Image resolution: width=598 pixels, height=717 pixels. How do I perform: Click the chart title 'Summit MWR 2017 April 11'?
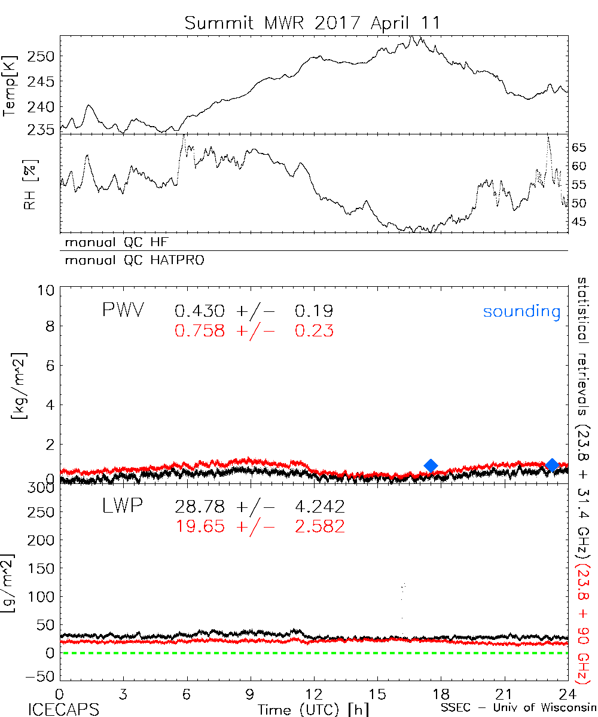[312, 23]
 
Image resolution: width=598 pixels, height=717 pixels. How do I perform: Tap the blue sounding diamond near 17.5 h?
[431, 465]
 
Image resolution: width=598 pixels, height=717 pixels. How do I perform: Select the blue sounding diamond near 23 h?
[552, 464]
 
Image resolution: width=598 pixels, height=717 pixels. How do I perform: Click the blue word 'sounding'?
[521, 311]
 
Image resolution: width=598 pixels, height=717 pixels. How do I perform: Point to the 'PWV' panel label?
[122, 311]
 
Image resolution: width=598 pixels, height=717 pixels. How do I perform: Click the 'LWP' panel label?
[122, 507]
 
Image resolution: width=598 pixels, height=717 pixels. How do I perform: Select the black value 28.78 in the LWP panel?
[200, 507]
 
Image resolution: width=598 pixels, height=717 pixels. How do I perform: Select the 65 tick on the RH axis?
[579, 147]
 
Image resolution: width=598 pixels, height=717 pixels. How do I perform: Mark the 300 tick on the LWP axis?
[43, 487]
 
